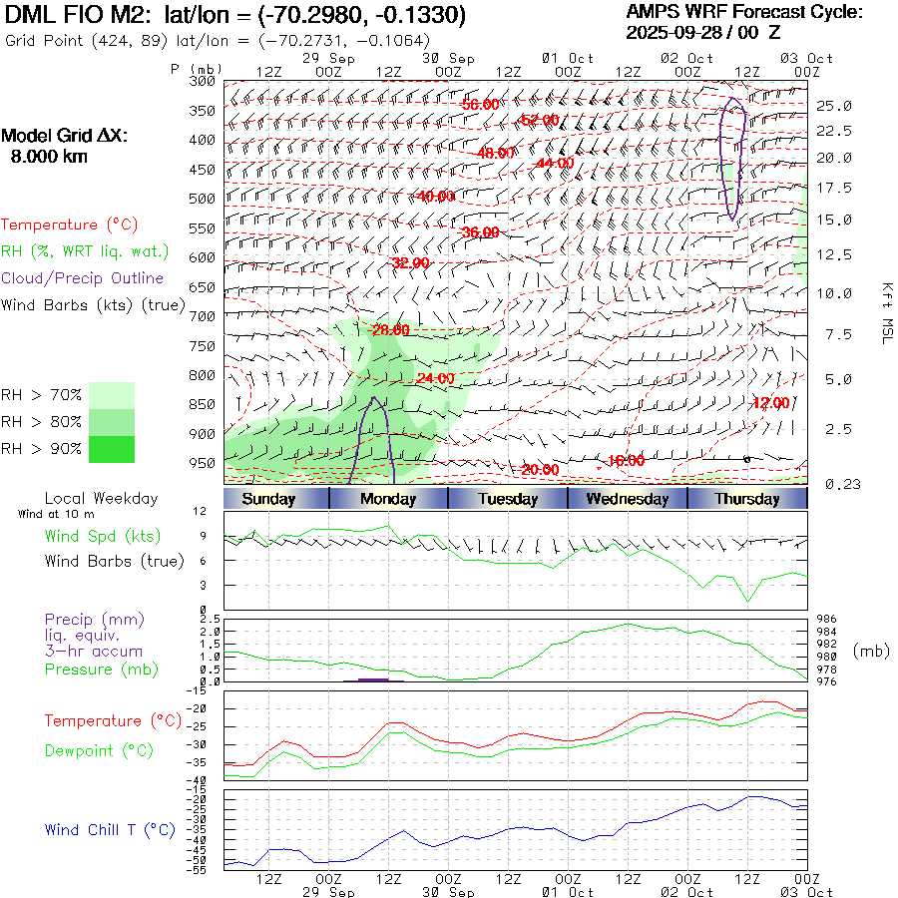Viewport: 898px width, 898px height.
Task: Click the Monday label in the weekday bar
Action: click(x=388, y=499)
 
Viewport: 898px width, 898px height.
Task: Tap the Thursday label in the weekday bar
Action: click(x=747, y=499)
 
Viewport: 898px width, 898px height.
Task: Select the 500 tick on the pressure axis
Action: click(x=203, y=199)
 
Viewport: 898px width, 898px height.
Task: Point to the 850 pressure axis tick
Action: click(x=203, y=404)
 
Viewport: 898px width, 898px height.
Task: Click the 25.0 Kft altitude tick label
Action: click(x=834, y=106)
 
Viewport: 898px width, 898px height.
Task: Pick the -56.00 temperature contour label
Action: click(x=480, y=105)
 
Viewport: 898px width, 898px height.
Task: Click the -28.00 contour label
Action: click(x=390, y=330)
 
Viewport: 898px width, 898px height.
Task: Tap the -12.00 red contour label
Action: click(x=770, y=403)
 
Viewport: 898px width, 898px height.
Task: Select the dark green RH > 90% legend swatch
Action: click(x=112, y=449)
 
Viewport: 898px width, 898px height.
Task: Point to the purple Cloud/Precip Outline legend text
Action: click(x=83, y=278)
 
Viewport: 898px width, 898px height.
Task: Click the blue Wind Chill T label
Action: click(x=110, y=829)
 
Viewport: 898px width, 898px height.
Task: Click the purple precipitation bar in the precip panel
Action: click(x=372, y=679)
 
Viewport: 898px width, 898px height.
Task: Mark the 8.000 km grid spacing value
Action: click(x=48, y=157)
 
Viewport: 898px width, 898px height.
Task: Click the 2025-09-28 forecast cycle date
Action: click(x=673, y=32)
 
